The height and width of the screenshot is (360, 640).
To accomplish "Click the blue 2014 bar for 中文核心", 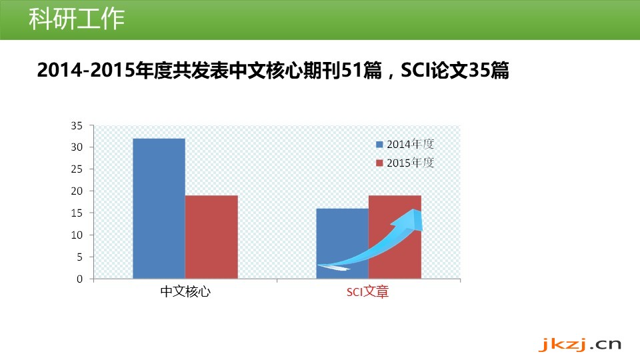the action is (x=159, y=209).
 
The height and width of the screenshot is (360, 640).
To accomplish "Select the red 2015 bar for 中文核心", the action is (x=211, y=237).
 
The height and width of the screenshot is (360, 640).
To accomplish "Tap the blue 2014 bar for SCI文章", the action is (x=343, y=244).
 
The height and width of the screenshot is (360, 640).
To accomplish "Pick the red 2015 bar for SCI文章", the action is (x=395, y=237).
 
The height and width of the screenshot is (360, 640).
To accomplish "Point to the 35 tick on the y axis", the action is (x=77, y=126).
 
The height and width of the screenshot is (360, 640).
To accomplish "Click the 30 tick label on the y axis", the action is (x=77, y=147).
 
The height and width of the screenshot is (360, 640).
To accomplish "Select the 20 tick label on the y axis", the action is (x=77, y=191).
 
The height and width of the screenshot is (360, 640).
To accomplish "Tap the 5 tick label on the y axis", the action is (x=79, y=257).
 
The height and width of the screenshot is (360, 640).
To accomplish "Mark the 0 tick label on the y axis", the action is (x=79, y=279).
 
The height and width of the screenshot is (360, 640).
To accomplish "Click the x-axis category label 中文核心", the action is (x=186, y=291).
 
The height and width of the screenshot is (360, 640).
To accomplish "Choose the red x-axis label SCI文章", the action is (x=368, y=291).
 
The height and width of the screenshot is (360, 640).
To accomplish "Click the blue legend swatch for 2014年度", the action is (x=379, y=145).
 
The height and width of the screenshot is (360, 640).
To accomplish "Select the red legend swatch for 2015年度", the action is (x=379, y=163).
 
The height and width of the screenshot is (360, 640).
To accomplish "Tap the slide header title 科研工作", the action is (x=77, y=19).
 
